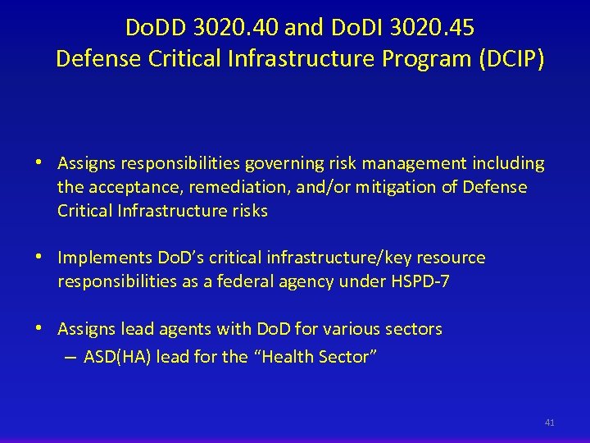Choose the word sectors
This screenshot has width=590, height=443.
point(412,330)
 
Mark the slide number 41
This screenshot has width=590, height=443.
point(549,422)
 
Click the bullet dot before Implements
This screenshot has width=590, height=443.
point(39,258)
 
